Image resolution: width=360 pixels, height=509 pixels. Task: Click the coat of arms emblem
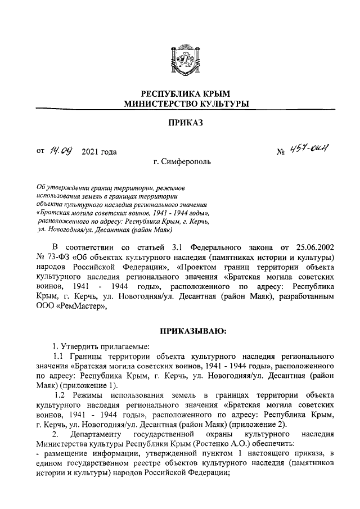coord(179,60)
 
